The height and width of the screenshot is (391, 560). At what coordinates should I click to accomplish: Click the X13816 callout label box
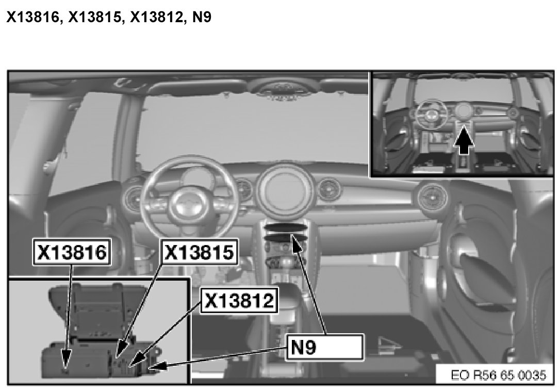72,252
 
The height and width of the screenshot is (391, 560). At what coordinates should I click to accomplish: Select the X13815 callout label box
199,252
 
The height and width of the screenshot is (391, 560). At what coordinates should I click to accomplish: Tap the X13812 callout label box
239,300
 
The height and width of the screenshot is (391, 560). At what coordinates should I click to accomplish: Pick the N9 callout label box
325,347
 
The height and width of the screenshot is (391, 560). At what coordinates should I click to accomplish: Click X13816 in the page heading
32,17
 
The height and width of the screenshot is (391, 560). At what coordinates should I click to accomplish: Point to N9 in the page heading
202,17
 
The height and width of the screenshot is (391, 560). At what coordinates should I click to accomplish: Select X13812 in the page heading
156,17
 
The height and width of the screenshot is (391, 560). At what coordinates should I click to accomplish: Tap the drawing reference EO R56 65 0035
498,375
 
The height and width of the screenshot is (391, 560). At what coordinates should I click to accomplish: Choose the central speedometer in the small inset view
463,111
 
